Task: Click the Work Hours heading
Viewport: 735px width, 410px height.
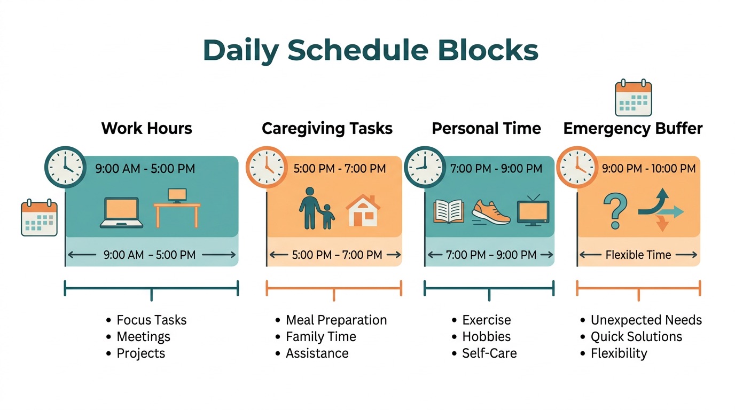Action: tap(146, 129)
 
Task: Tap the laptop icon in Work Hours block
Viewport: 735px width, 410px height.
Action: tap(121, 213)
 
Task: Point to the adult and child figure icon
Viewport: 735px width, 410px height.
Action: tap(316, 208)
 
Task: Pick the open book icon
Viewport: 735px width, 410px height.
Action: tap(449, 211)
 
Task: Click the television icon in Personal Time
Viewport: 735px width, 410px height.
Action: tap(533, 210)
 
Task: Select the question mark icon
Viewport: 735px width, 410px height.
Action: tap(615, 211)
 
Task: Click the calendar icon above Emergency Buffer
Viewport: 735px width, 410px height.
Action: tap(634, 99)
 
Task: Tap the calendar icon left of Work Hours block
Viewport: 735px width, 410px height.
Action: tap(39, 218)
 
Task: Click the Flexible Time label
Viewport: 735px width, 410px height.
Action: tap(638, 255)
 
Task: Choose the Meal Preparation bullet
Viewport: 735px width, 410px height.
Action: tap(336, 320)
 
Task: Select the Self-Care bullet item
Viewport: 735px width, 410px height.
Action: tap(489, 353)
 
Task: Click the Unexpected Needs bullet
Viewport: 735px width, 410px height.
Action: tap(646, 320)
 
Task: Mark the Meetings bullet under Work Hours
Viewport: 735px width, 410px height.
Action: tap(143, 337)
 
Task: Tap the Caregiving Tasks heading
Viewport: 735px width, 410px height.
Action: tap(327, 129)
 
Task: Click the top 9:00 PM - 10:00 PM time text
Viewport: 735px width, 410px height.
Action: tap(648, 169)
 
